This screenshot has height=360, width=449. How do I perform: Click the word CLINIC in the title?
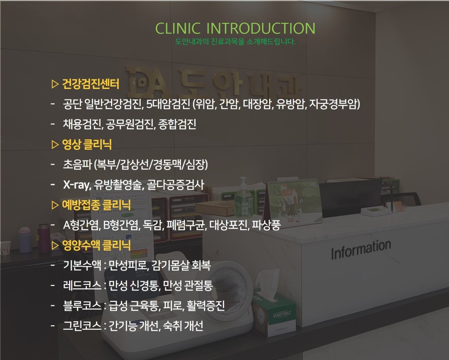(x=178, y=28)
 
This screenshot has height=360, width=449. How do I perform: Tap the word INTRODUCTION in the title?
(x=260, y=28)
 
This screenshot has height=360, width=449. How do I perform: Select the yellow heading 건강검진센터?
(x=91, y=84)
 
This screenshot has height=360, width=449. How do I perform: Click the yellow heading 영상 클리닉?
(x=87, y=144)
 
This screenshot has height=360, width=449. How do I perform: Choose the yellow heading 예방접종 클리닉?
(x=96, y=205)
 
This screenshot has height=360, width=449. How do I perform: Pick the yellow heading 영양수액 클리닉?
(x=96, y=245)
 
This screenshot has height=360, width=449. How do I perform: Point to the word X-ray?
(x=76, y=185)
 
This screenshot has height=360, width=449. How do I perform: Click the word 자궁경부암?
(x=334, y=104)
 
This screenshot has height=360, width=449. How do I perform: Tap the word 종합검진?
(x=177, y=124)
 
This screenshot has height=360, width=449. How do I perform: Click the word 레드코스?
(x=82, y=286)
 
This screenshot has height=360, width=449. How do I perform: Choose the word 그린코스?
(x=82, y=326)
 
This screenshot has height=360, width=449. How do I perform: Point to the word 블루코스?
(x=82, y=306)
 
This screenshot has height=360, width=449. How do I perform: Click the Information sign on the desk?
(x=361, y=250)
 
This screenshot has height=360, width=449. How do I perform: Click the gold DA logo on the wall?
(x=146, y=83)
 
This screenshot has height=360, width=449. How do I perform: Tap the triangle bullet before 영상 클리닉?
(x=55, y=144)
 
